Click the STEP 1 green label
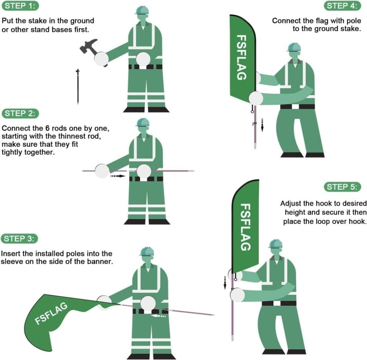[x=20, y=6]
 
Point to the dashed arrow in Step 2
[x=118, y=175]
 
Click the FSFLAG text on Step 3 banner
[x=53, y=314]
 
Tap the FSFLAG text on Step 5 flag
[x=245, y=227]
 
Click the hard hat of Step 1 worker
[x=142, y=10]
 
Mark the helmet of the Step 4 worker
[x=294, y=47]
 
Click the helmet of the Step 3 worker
[x=146, y=251]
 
